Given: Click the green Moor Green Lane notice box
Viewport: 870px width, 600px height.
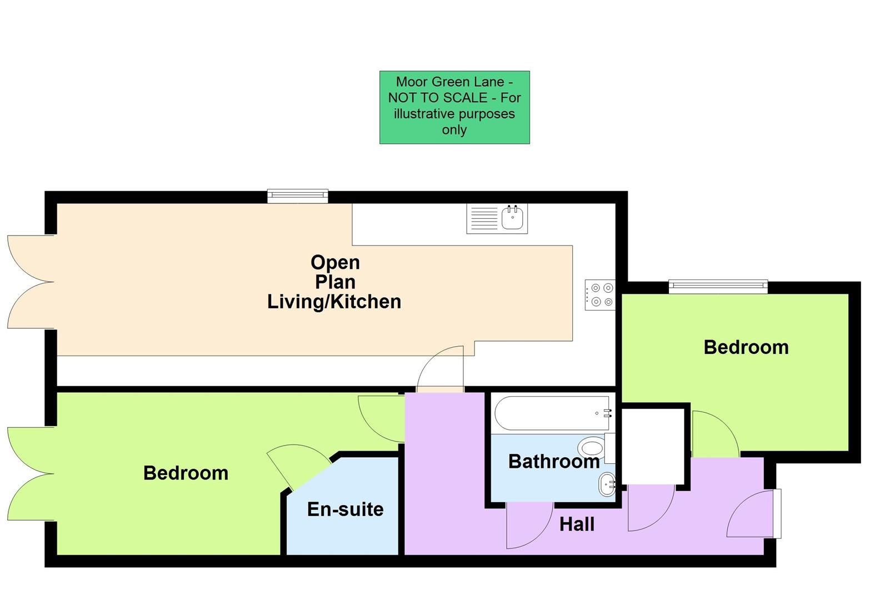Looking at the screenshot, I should pos(454,107).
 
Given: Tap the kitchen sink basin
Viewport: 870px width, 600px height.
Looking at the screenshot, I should pos(512,217).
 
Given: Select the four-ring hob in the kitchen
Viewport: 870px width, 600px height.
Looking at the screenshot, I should pos(601,294).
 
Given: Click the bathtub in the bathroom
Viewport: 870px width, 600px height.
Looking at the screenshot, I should pos(552,413).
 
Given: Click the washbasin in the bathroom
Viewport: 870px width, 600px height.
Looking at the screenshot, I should pos(608,484).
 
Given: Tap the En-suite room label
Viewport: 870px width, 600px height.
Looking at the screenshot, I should pos(345,509).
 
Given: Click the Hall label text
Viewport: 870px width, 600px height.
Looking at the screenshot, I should pos(577,524).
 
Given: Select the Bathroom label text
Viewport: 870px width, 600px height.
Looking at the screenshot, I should pos(553,461).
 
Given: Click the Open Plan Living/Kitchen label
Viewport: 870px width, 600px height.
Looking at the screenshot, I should pos(334,282).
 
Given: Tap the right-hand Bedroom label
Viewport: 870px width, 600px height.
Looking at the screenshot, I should pos(746,347).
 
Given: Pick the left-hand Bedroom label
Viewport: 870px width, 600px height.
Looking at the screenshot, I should pos(186,473).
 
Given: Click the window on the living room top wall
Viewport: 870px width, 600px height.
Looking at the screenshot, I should pos(297,196).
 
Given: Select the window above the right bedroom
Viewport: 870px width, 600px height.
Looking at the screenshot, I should pos(718,286).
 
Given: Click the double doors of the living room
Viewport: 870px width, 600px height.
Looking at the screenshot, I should pos(31,282).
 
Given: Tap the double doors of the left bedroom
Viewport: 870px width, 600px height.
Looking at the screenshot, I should pos(31,474).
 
